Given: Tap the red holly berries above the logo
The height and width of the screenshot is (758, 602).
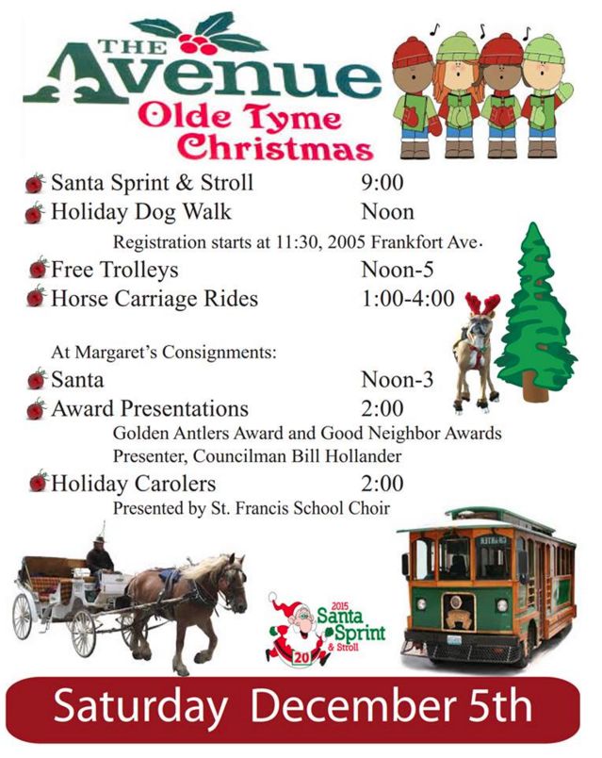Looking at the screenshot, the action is coord(196,43).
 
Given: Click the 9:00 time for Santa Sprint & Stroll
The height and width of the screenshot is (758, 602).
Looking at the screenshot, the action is coord(382,183).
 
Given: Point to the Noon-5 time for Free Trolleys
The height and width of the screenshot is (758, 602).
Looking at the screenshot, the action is coord(398,270).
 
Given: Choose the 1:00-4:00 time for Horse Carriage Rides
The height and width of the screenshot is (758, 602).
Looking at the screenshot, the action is coord(408,298).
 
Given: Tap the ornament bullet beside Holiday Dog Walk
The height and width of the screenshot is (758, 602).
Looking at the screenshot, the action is coord(35,213).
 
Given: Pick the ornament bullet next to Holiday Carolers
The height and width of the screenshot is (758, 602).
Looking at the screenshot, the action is coord(39,482).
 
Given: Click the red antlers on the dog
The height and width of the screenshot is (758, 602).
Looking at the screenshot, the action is coord(482,305).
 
